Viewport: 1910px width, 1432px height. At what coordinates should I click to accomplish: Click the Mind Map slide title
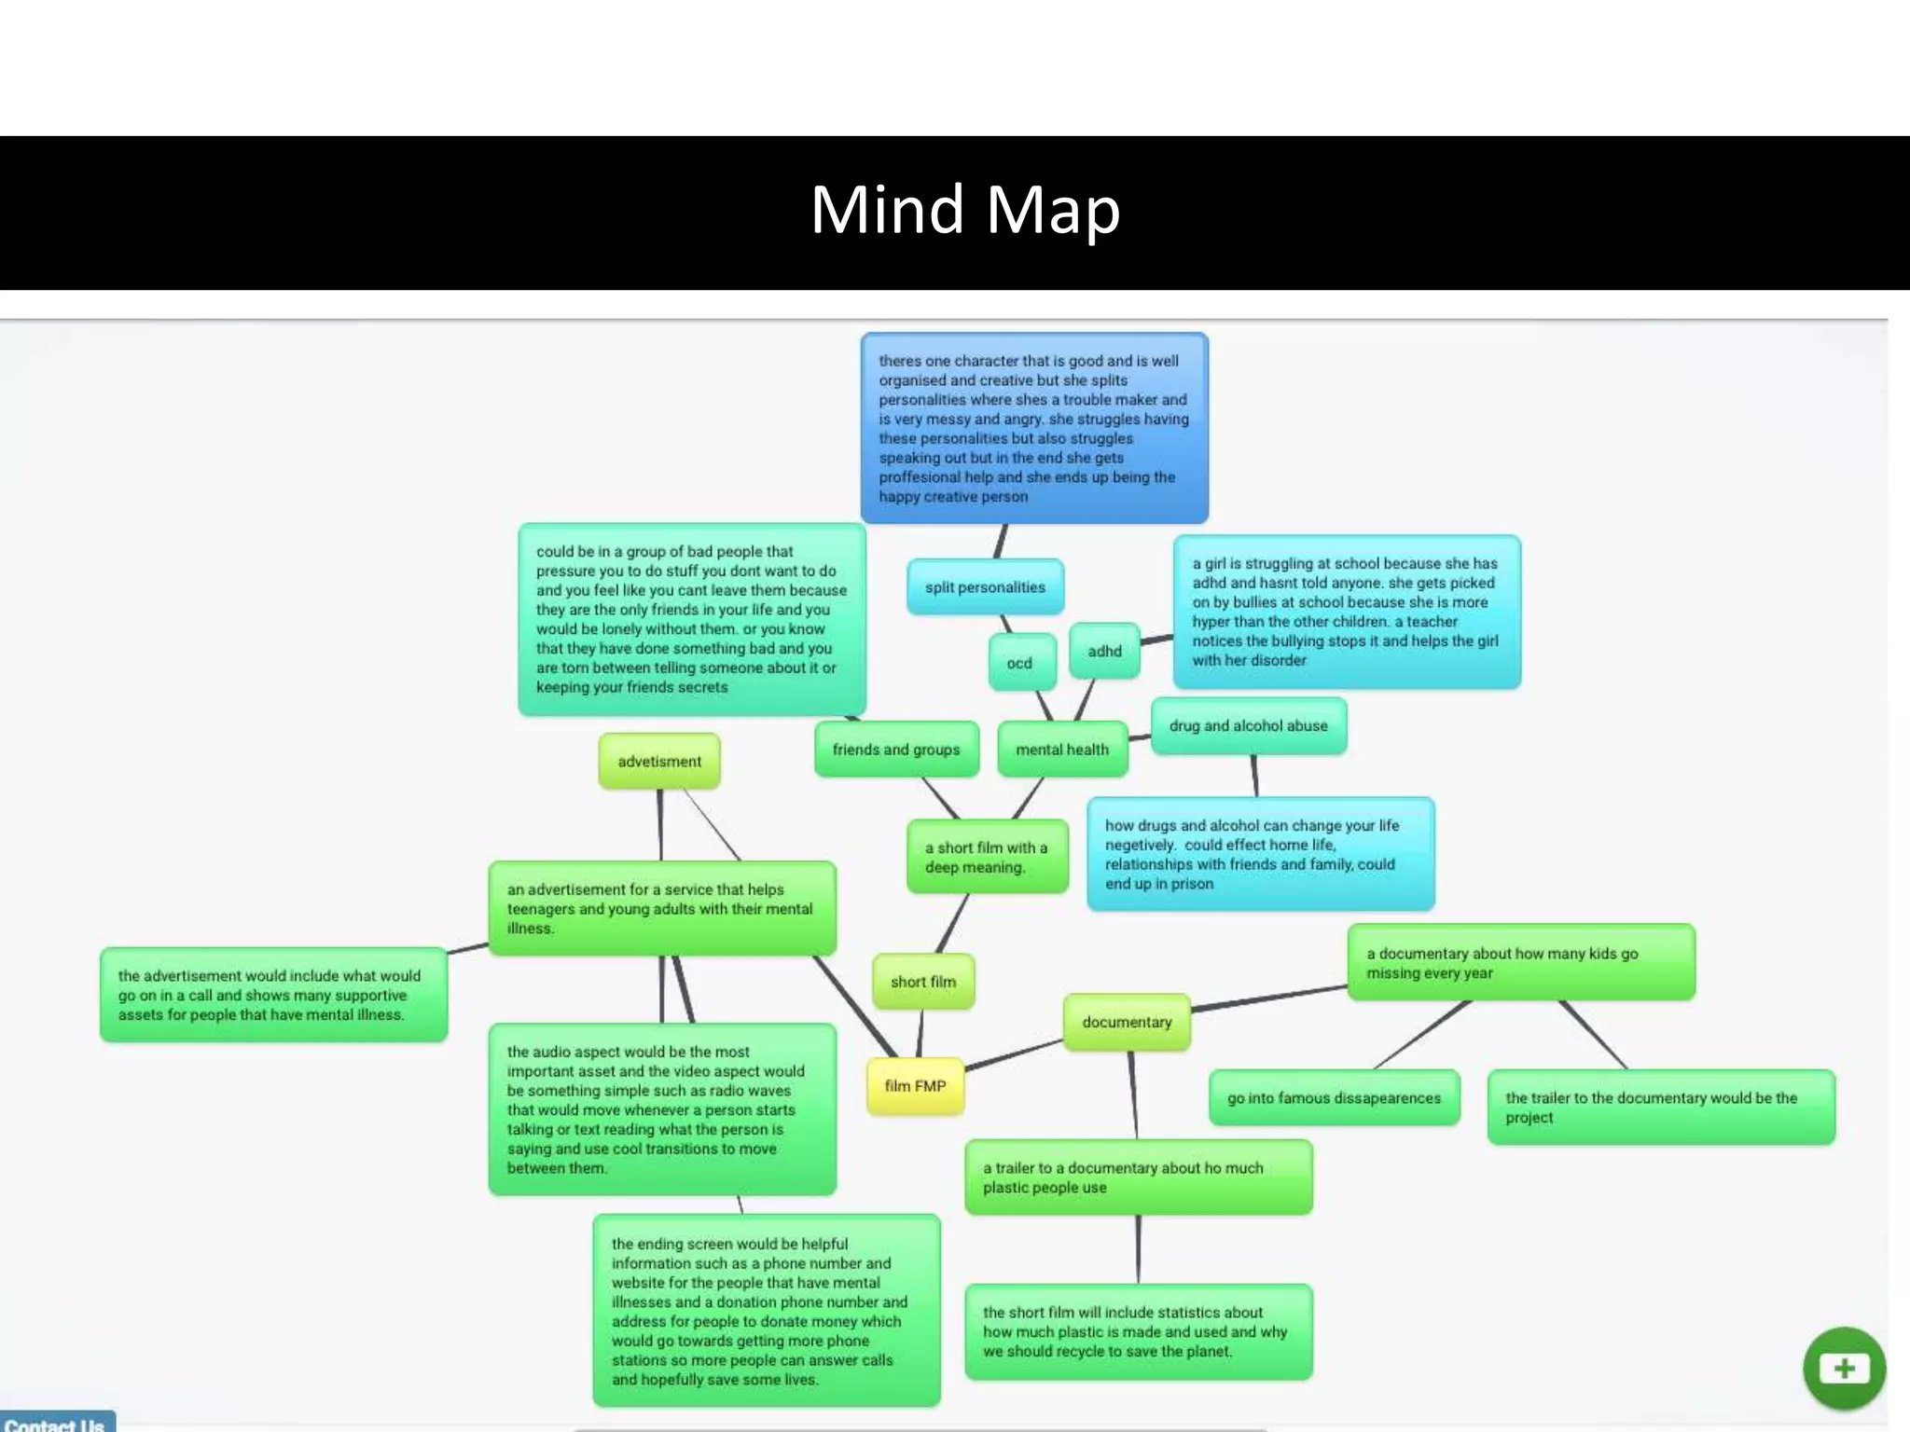point(964,210)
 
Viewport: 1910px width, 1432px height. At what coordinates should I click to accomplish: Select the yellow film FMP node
point(915,1086)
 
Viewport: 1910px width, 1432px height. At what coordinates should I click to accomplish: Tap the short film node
point(923,982)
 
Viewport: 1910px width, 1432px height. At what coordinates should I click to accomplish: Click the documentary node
point(1127,1022)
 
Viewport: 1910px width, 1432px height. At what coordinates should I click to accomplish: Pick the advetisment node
point(659,761)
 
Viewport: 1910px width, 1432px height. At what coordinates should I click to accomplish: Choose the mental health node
point(1062,750)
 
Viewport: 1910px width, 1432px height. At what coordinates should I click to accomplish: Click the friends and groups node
point(896,750)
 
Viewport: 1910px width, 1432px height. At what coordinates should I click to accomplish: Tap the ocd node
point(1019,663)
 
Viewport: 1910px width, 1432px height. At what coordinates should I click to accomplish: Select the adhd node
point(1104,651)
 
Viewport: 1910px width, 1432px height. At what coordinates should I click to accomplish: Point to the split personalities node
point(985,587)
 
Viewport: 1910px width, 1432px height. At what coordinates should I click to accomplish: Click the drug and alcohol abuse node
point(1248,725)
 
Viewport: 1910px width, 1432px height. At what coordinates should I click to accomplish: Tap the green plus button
point(1844,1369)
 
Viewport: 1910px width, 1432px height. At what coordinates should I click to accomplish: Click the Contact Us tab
point(56,1423)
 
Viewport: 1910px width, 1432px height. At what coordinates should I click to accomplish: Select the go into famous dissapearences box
point(1334,1098)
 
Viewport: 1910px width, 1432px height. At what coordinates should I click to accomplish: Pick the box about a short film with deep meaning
point(987,857)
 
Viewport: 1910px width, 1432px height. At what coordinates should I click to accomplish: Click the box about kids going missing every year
point(1520,963)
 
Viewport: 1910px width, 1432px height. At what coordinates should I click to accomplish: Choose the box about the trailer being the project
point(1660,1108)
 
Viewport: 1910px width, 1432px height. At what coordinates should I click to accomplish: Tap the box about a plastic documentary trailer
point(1138,1177)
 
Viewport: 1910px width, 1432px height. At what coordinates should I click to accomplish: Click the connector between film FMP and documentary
point(1015,1054)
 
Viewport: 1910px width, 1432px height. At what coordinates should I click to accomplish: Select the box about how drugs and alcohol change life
point(1259,854)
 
